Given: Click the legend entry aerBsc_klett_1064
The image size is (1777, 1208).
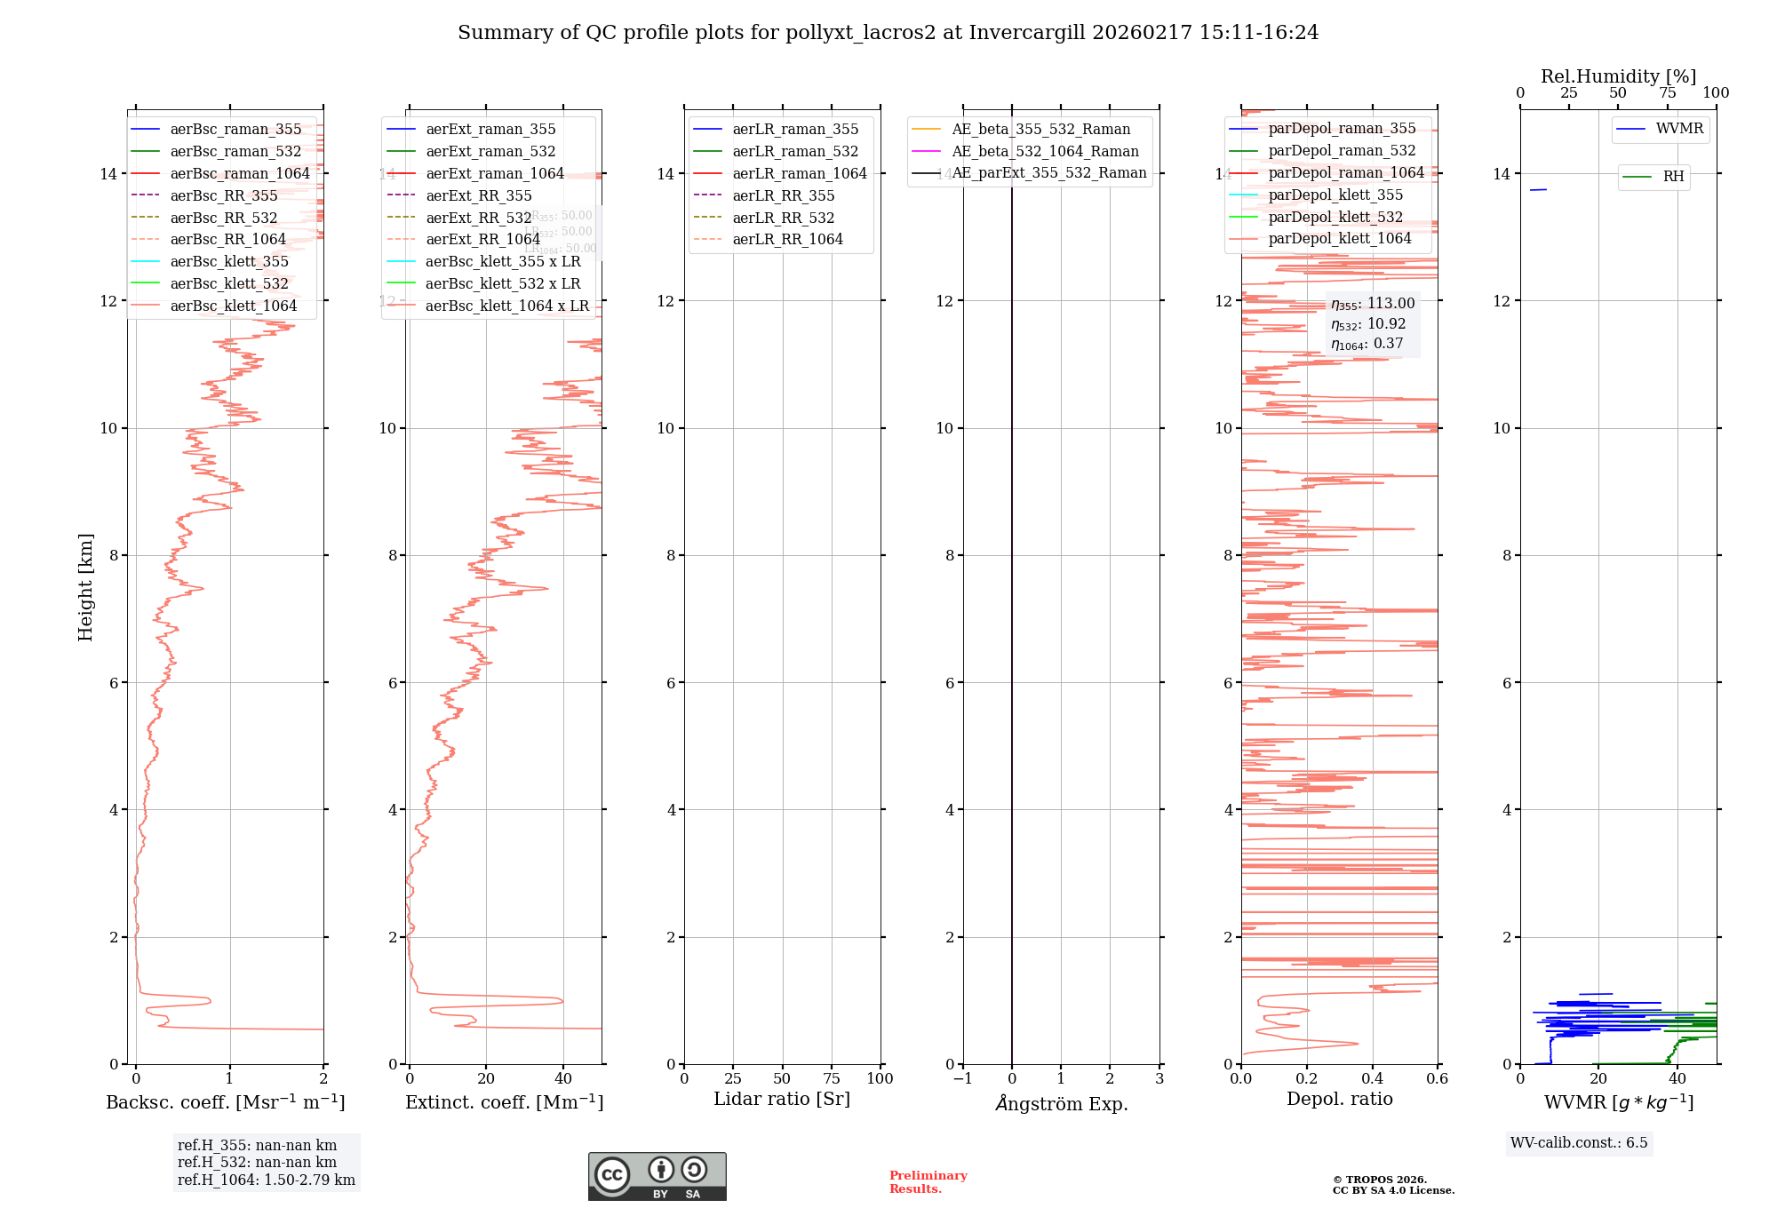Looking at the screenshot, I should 233,306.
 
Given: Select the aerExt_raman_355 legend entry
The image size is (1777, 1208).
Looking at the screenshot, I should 490,130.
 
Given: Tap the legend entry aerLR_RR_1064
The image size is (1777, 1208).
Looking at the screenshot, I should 787,240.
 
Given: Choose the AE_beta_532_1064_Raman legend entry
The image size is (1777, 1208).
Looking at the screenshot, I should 1045,152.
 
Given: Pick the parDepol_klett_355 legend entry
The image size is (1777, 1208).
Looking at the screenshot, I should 1335,195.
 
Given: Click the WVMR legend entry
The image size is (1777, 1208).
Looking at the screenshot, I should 1679,130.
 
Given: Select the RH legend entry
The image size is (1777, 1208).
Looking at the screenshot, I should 1673,177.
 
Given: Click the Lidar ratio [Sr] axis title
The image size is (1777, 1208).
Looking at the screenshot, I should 782,1100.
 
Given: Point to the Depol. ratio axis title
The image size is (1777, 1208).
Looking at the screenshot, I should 1339,1100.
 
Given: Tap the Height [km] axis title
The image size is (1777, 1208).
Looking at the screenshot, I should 85,587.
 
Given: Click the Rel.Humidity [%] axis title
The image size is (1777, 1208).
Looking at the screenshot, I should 1618,76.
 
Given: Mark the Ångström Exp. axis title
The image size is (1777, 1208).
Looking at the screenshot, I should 1062,1104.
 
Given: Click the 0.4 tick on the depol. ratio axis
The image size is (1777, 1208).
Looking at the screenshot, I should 1372,1079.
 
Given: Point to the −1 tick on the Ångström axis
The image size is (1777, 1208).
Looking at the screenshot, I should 962,1079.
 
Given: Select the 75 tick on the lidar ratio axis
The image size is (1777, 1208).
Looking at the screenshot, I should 832,1079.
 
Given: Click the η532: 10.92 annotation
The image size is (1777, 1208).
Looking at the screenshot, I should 1368,324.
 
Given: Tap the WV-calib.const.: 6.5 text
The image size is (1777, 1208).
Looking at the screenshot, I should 1579,1143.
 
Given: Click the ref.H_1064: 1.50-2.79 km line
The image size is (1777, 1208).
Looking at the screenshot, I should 266,1180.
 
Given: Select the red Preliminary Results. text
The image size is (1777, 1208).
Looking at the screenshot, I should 928,1182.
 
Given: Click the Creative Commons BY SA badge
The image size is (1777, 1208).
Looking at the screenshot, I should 657,1177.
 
